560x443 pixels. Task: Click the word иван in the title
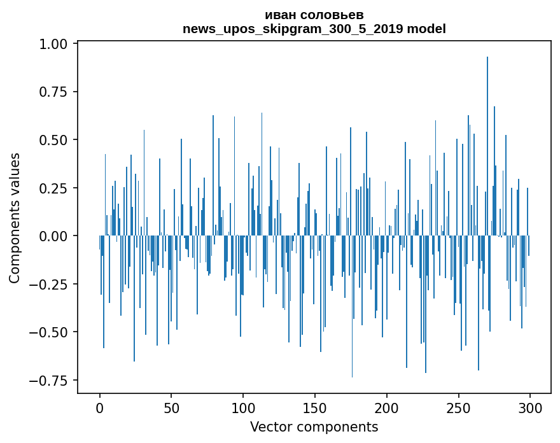pos(279,15)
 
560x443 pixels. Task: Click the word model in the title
pos(426,29)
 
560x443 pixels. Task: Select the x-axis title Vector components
pos(314,427)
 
